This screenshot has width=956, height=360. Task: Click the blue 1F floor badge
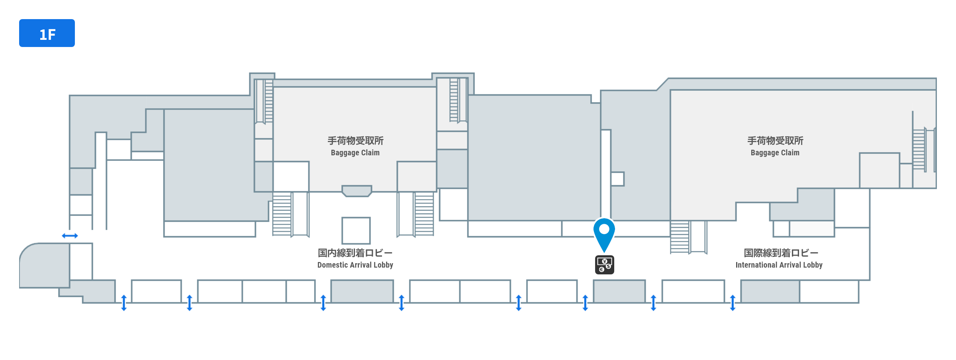point(47,33)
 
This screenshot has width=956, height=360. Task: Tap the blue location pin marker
point(604,233)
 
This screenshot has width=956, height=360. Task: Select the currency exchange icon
point(604,265)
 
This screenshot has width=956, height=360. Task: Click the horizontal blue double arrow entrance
point(70,236)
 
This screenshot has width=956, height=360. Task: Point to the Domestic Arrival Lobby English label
point(355,265)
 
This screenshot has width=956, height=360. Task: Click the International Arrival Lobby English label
point(779,265)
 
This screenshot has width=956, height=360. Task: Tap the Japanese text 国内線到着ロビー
point(355,253)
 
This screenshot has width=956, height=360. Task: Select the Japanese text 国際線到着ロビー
point(781,253)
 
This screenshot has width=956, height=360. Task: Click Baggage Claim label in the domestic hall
point(355,153)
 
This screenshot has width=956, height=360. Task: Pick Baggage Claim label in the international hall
point(775,153)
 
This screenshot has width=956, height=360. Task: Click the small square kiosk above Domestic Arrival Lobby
point(356,230)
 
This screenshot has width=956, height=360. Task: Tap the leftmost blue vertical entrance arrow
point(124,303)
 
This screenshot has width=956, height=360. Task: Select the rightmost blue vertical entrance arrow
point(733,303)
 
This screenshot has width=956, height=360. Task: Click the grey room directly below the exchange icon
point(619,291)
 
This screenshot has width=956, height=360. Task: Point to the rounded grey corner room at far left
point(44,266)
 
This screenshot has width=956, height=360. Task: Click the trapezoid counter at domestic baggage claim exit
point(357,191)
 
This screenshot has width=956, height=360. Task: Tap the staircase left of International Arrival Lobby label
point(680,237)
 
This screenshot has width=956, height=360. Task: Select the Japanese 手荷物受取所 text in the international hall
point(775,141)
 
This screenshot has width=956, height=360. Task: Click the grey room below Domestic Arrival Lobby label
point(362,291)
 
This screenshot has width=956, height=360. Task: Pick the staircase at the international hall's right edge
point(919,149)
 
